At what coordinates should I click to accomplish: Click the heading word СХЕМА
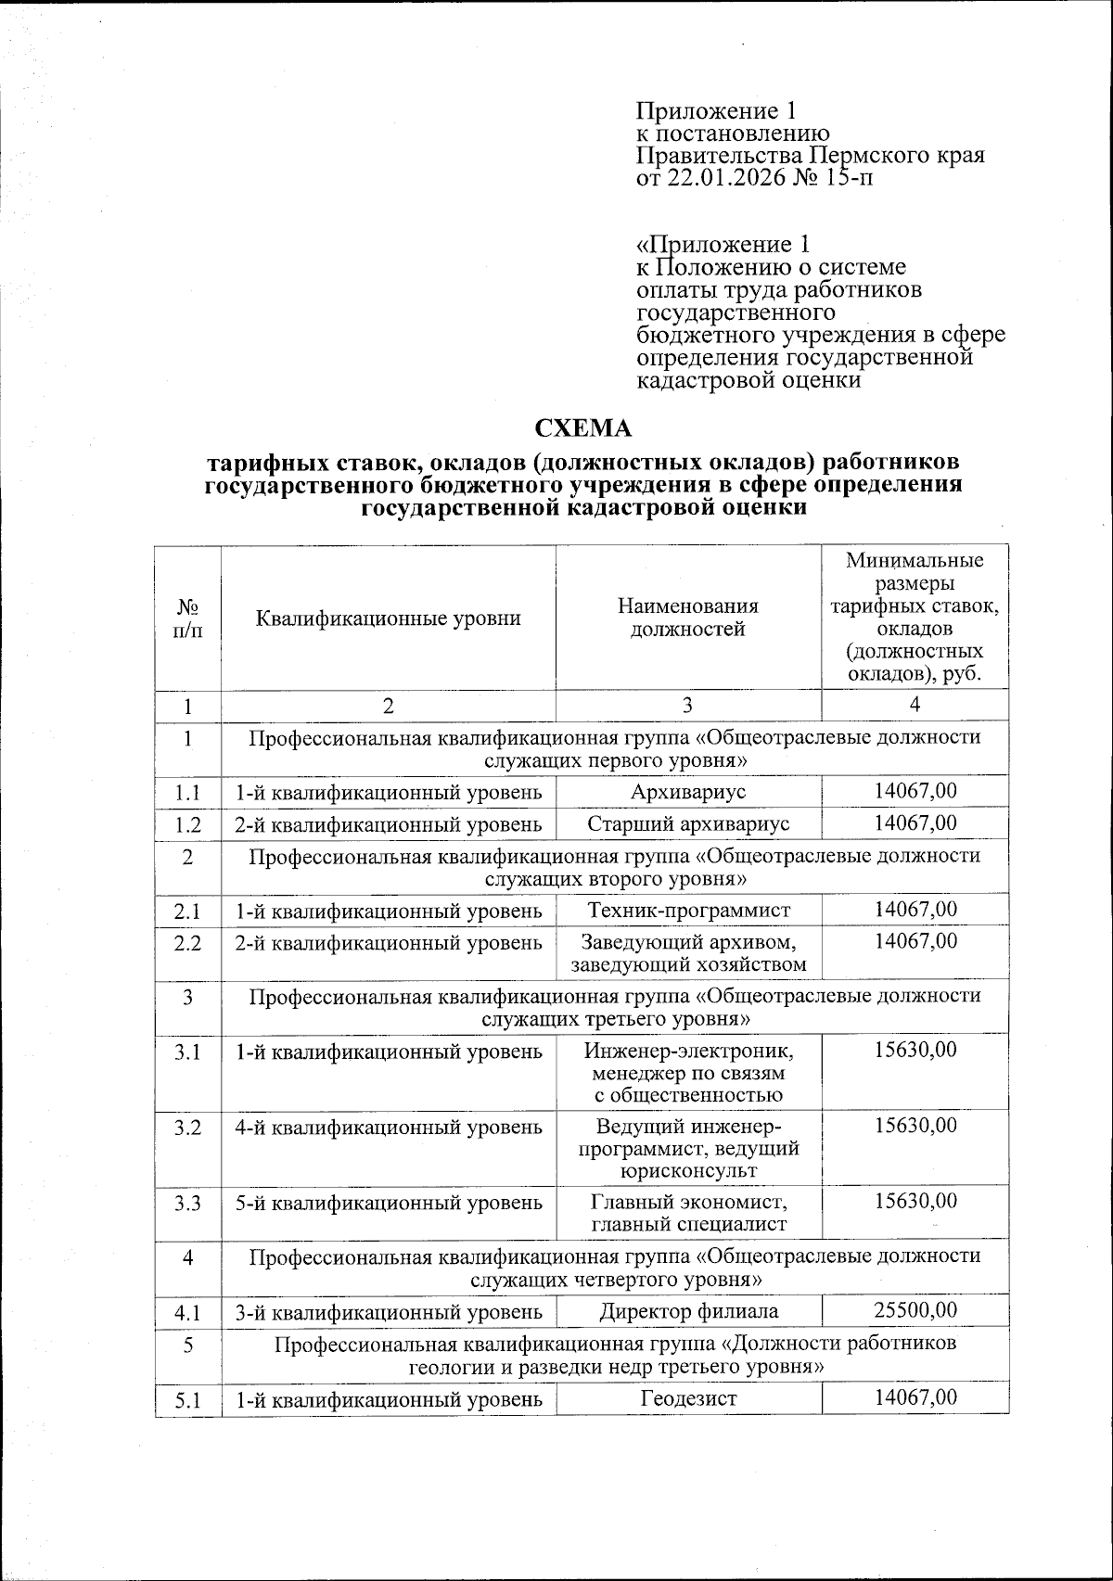[x=583, y=428]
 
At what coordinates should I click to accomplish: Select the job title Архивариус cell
[x=688, y=791]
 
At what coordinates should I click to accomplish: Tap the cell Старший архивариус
[x=688, y=823]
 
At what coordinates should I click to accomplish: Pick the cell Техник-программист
[x=688, y=910]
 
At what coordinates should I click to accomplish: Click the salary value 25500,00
[x=915, y=1309]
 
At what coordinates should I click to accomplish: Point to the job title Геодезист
[x=688, y=1397]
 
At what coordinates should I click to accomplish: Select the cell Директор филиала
[x=688, y=1311]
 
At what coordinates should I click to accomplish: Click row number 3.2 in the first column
[x=187, y=1127]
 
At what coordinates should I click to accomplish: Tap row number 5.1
[x=187, y=1399]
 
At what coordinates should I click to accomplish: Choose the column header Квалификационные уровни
[x=388, y=618]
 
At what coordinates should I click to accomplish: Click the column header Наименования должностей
[x=688, y=618]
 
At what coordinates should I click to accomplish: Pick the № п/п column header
[x=187, y=618]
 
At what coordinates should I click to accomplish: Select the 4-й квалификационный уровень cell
[x=388, y=1128]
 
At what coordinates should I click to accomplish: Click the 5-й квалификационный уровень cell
[x=388, y=1204]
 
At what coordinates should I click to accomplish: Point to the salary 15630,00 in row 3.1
[x=915, y=1050]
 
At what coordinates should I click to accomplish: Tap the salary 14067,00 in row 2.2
[x=915, y=941]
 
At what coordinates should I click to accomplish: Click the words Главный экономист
[x=688, y=1203]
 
